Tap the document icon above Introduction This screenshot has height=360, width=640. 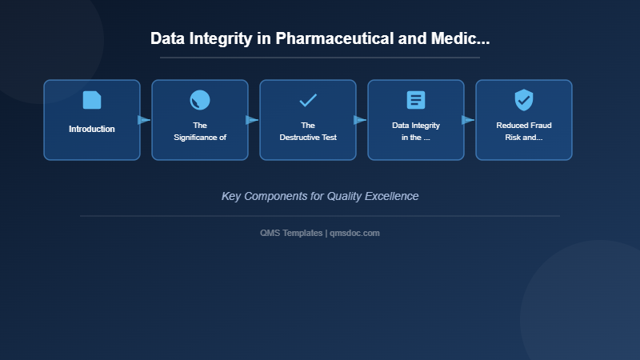coord(92,100)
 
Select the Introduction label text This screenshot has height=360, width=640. coord(92,129)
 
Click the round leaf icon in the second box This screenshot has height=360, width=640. coord(200,100)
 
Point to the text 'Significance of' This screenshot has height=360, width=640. coord(200,138)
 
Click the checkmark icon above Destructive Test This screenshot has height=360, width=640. coord(308,100)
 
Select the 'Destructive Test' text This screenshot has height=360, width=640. coord(308,138)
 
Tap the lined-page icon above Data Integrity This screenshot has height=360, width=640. coord(416,100)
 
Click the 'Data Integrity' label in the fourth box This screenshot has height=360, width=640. coord(416,126)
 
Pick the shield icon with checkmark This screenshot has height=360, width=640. coord(524,100)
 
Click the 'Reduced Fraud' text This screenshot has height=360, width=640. coord(524,126)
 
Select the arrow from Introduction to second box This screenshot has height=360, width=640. coord(144,120)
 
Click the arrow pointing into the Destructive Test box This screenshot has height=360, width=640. coord(252,120)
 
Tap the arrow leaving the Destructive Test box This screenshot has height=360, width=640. coord(360,120)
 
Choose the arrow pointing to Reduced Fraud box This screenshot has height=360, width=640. coord(468,120)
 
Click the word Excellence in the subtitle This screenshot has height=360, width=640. coord(390,196)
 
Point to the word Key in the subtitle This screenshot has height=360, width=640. coord(231,196)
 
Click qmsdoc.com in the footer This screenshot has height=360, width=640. coord(355,233)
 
